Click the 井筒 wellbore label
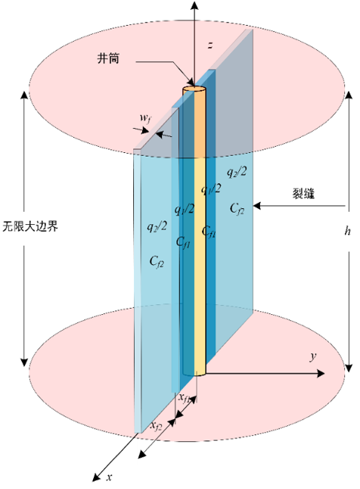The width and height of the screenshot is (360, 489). [108, 58]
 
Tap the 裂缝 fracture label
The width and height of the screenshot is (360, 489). [303, 193]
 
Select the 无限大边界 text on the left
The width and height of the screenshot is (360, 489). [30, 226]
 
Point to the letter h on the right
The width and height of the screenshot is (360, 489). [348, 231]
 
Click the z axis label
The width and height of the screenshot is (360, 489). [210, 45]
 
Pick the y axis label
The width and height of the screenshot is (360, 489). [313, 357]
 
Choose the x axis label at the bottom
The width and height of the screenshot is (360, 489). [109, 477]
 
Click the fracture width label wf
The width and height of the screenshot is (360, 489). [145, 118]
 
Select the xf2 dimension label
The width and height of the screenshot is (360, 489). [156, 425]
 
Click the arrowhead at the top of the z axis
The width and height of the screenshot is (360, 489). [194, 5]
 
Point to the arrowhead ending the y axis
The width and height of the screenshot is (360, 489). [321, 373]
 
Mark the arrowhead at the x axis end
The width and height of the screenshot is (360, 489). [98, 477]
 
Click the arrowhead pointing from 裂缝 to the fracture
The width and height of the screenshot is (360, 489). [257, 206]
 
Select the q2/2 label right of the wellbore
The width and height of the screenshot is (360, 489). [237, 172]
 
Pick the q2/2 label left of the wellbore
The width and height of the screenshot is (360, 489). [157, 226]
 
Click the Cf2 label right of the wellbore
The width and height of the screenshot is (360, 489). [237, 208]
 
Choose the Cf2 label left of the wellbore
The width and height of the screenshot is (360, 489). [157, 261]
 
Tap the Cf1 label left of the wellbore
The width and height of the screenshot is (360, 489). [183, 242]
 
